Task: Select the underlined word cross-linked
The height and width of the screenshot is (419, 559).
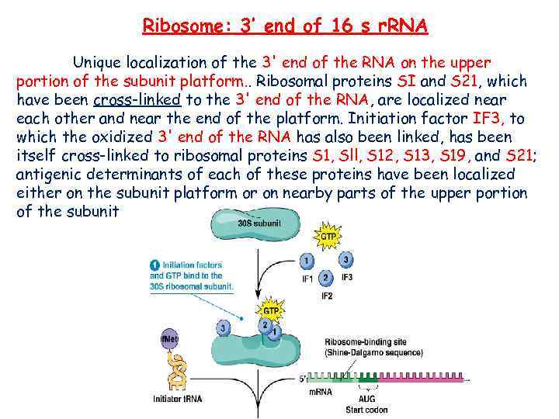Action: [137, 99]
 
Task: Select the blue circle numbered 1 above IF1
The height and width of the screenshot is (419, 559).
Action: [307, 261]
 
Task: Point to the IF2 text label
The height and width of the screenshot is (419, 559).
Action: [327, 296]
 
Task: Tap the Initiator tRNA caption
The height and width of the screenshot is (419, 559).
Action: [178, 400]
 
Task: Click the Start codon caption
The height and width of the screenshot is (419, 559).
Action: [366, 409]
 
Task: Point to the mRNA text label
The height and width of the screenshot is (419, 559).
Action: [319, 393]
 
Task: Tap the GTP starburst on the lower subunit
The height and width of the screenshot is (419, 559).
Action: [273, 312]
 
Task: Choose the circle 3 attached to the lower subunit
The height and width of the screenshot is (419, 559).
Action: [224, 328]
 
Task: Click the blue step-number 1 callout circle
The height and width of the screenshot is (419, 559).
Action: [155, 264]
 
